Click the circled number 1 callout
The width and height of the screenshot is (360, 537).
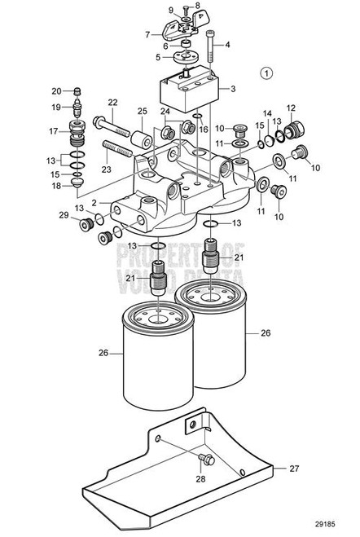point(266,72)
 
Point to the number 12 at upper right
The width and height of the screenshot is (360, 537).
point(290,108)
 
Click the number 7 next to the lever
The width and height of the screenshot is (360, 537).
point(147,34)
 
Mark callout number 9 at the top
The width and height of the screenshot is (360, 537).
point(171,10)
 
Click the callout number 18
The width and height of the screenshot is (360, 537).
point(55,186)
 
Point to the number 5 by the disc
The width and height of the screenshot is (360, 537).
point(157,57)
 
